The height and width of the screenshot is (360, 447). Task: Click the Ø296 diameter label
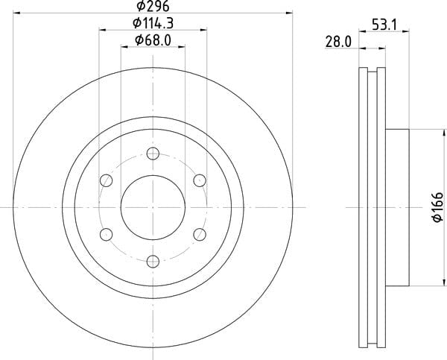pos(153,6)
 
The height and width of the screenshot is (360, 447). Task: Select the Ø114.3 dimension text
pos(153,23)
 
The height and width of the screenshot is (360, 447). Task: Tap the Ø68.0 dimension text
pos(153,40)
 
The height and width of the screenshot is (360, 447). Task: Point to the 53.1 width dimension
pos(384,25)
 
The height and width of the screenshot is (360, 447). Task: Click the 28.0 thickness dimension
pos(338,42)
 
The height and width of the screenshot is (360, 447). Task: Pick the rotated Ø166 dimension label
pos(438,207)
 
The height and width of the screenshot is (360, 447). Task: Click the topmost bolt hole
pos(153,154)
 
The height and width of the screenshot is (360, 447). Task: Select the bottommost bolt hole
pos(153,262)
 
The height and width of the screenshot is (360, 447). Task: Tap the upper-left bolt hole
pos(107,180)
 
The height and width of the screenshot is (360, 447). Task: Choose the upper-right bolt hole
pos(200,180)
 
